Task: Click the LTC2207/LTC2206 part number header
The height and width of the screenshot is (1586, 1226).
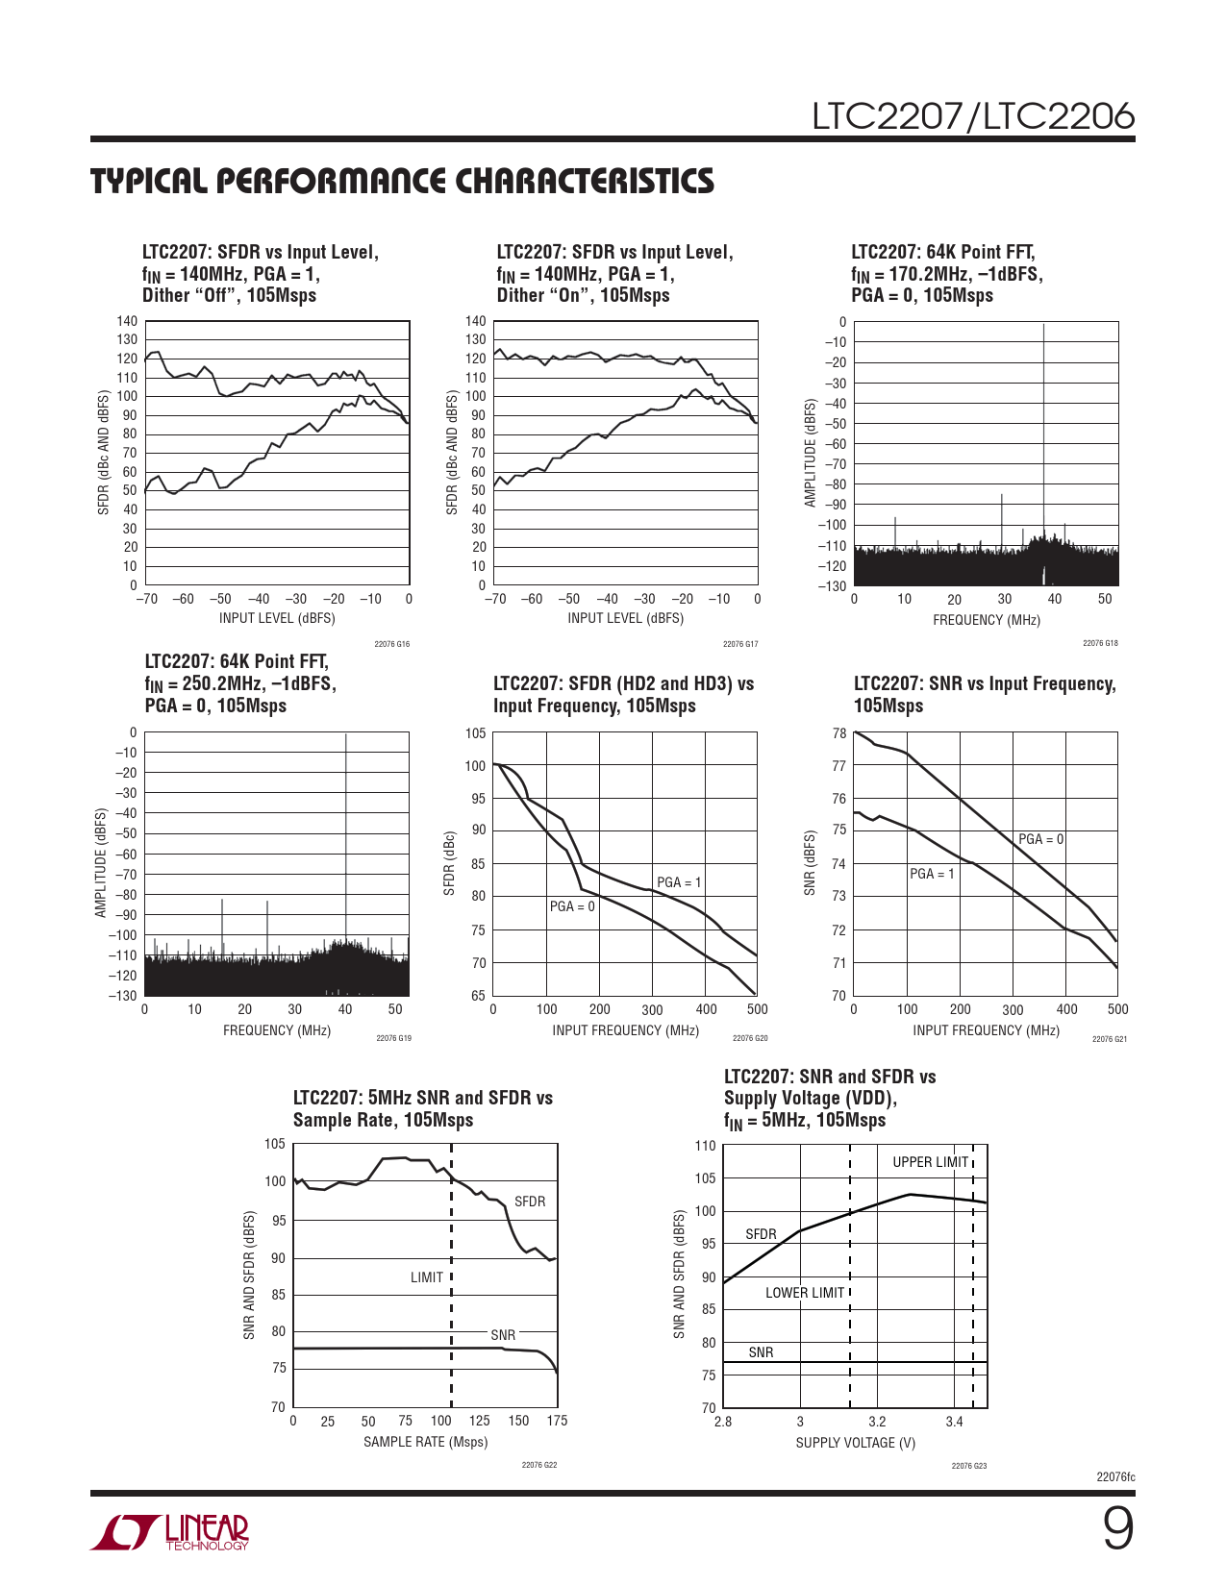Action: (x=973, y=116)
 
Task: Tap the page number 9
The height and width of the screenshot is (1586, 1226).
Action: (x=1117, y=1528)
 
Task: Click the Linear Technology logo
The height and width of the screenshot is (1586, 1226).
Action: (x=170, y=1532)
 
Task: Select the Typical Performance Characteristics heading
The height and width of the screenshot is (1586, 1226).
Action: (x=402, y=181)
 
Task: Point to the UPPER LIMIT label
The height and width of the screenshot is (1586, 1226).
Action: (x=930, y=1162)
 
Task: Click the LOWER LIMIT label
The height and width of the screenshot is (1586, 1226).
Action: (x=805, y=1293)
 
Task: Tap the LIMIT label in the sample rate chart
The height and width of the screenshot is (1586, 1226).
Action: (x=427, y=1277)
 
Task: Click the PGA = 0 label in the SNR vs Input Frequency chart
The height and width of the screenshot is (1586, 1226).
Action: (x=1040, y=839)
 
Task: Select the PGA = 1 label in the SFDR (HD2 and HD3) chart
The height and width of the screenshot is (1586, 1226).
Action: (x=679, y=882)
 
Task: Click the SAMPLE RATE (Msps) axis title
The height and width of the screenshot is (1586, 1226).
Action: (x=425, y=1442)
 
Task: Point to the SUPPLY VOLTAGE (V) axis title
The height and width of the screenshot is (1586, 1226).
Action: (x=855, y=1443)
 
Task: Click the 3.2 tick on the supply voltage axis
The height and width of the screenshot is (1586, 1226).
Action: (x=877, y=1422)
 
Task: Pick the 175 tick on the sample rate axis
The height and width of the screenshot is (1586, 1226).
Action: (x=557, y=1421)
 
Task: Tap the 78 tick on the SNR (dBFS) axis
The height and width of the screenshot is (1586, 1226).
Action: (x=838, y=733)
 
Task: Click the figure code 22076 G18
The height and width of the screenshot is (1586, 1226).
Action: (x=1100, y=643)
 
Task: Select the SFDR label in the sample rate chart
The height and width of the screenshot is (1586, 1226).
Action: (x=530, y=1202)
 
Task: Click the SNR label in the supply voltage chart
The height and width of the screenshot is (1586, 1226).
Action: (x=761, y=1352)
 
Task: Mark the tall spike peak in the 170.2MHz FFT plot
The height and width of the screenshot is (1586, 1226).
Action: (x=1043, y=327)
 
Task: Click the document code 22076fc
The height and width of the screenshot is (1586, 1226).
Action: (x=1115, y=1476)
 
